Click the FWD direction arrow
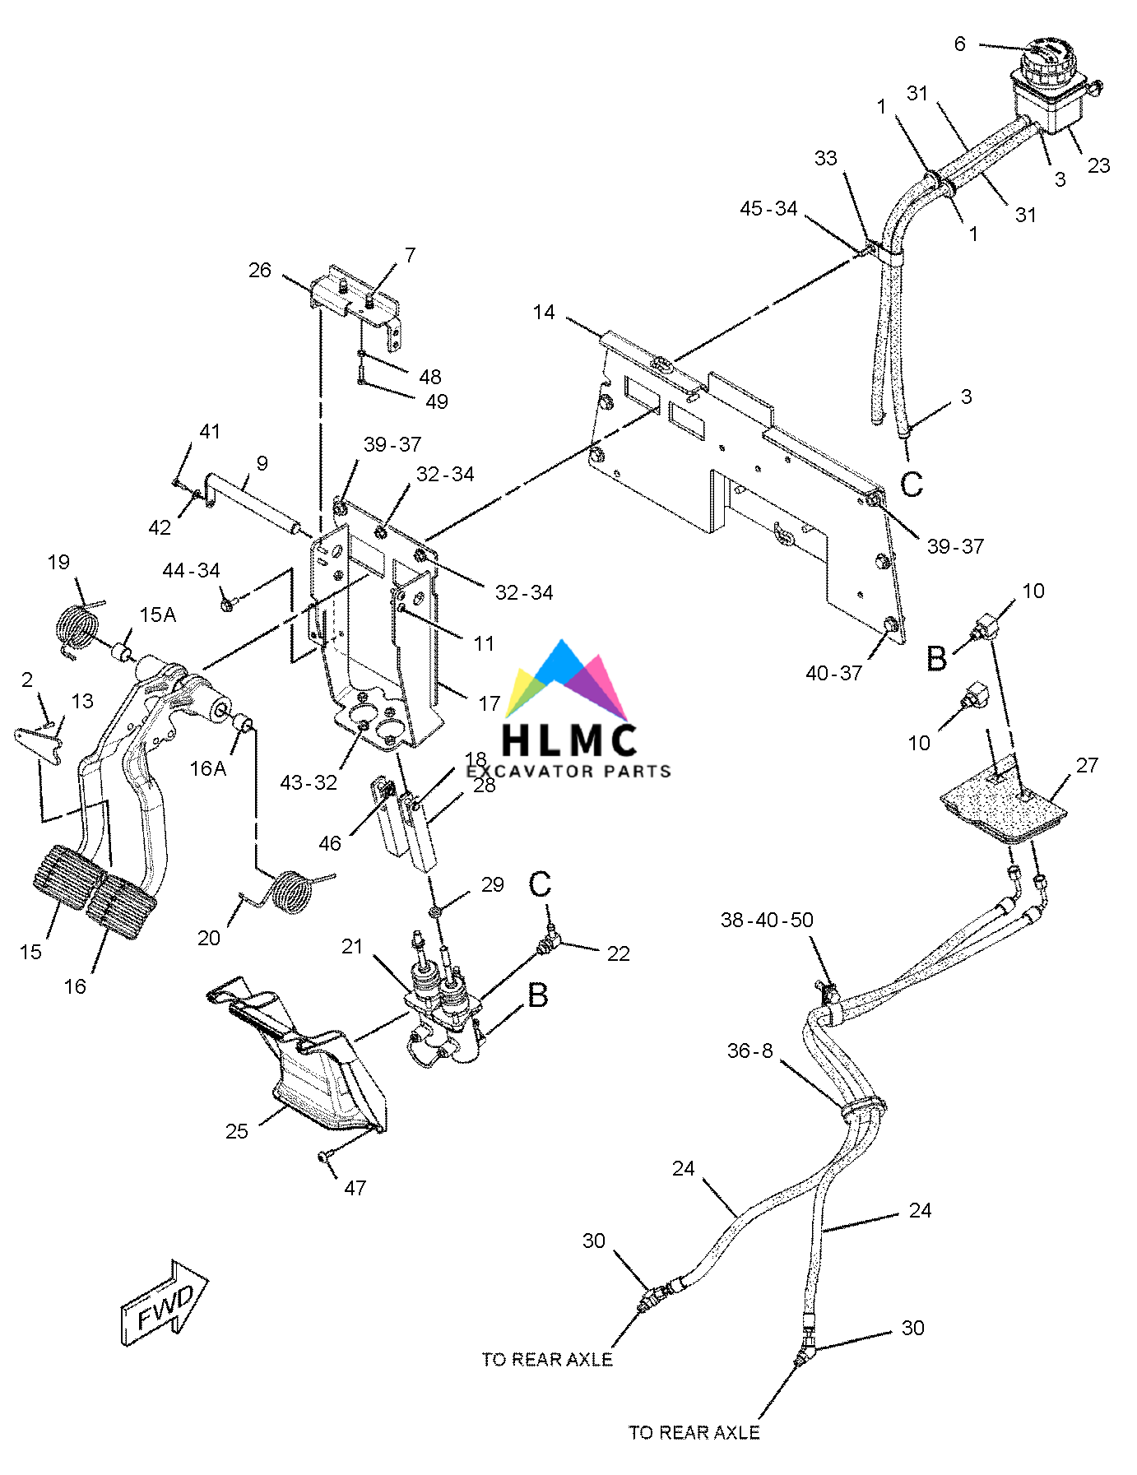click(x=164, y=1303)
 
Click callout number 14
click(x=544, y=313)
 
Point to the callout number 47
click(x=355, y=1188)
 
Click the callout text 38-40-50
click(x=767, y=920)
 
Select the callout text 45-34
click(x=768, y=209)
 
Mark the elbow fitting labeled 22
click(x=548, y=944)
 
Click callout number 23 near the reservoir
click(x=1098, y=165)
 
